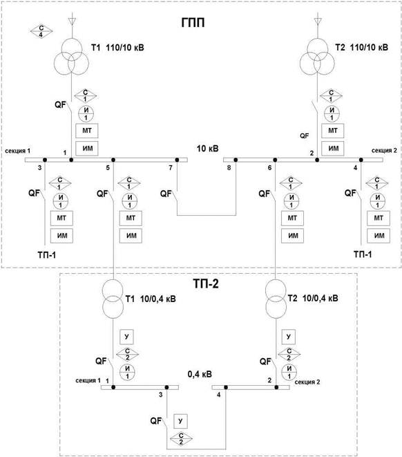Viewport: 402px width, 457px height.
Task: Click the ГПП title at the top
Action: tap(193, 22)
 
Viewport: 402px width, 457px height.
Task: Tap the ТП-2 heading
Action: tap(206, 283)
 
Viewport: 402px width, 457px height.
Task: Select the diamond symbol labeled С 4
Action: tap(41, 31)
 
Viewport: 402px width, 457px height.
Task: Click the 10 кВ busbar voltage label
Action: tap(207, 149)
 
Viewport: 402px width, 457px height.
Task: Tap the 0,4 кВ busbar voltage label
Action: tap(200, 374)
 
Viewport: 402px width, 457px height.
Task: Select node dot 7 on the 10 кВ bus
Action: tap(177, 160)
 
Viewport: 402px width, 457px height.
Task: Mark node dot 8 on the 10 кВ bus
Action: tap(236, 160)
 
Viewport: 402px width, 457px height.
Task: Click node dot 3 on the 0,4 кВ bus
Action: tap(166, 387)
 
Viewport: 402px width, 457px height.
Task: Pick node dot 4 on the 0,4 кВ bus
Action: tap(226, 387)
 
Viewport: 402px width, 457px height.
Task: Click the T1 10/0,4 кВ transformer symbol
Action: tap(113, 299)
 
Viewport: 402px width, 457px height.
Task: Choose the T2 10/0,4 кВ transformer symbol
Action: tap(276, 299)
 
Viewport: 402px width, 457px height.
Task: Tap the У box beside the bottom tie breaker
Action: tap(180, 421)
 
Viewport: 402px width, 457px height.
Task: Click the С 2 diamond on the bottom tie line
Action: tap(181, 439)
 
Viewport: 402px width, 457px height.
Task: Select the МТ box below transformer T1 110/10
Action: tap(87, 131)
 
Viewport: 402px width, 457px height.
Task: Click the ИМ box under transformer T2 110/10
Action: tap(333, 149)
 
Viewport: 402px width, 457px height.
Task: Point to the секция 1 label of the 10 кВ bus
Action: tap(17, 151)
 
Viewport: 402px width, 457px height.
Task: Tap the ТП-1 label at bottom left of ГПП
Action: tap(46, 255)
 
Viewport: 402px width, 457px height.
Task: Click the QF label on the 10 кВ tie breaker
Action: tap(166, 194)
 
